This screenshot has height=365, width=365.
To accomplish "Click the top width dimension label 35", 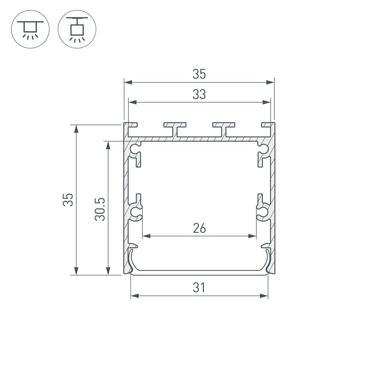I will pos(199,75).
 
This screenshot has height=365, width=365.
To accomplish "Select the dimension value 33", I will pos(199,95).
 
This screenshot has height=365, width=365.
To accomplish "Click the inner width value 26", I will pos(199,228).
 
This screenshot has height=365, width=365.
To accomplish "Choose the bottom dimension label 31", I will pos(199,287).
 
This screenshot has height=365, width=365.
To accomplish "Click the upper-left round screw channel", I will pos(134,148).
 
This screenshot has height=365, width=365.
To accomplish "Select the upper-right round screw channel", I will pos(263,148).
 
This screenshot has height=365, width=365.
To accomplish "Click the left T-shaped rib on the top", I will pos(175,128).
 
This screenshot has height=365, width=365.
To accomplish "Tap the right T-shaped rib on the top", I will pos(224,128).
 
